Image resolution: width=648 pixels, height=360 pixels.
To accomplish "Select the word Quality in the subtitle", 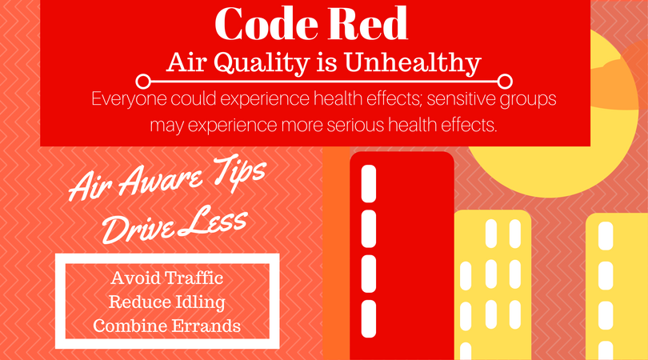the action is pos(262,64).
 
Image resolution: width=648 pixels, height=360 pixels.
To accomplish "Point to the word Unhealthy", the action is pos(413,64).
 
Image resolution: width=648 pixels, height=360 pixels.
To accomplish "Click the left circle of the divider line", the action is pos(143,82).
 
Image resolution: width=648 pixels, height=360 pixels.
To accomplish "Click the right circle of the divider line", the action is pos(505,82).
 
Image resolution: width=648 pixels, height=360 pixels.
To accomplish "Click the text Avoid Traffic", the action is pos(167,278).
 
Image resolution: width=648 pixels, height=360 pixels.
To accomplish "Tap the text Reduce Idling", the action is pos(167,302).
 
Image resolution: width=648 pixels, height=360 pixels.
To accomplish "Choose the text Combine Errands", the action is pos(167,326).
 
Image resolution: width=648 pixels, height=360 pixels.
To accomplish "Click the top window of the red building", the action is pos(369,184).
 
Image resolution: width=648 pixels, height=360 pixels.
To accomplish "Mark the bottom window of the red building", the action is pos(369,318).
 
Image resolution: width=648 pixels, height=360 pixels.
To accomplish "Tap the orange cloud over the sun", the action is pos(620,82).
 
